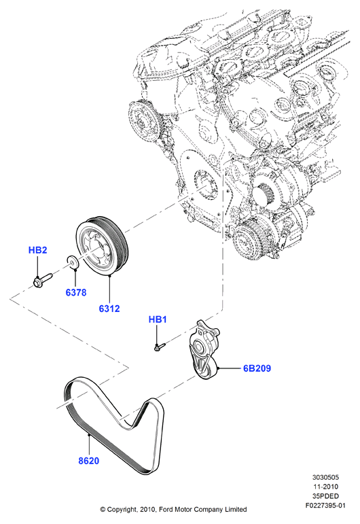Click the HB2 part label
pyautogui.click(x=38, y=250)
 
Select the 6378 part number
pyautogui.click(x=76, y=292)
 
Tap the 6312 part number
pyautogui.click(x=109, y=309)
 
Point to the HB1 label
pyautogui.click(x=158, y=319)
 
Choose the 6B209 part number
pyautogui.click(x=257, y=368)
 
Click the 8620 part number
pyautogui.click(x=89, y=461)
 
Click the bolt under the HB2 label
pyautogui.click(x=43, y=280)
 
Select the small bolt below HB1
pyautogui.click(x=160, y=346)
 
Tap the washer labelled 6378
pyautogui.click(x=73, y=262)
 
